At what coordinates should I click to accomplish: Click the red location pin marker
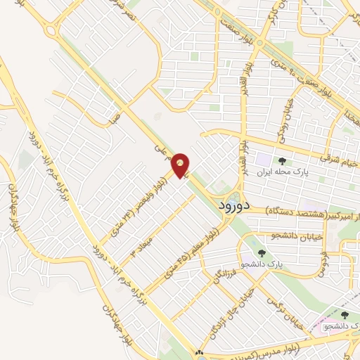coord(181,165)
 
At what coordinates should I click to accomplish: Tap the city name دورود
coord(229,206)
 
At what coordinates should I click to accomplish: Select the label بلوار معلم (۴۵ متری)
coord(193,250)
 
